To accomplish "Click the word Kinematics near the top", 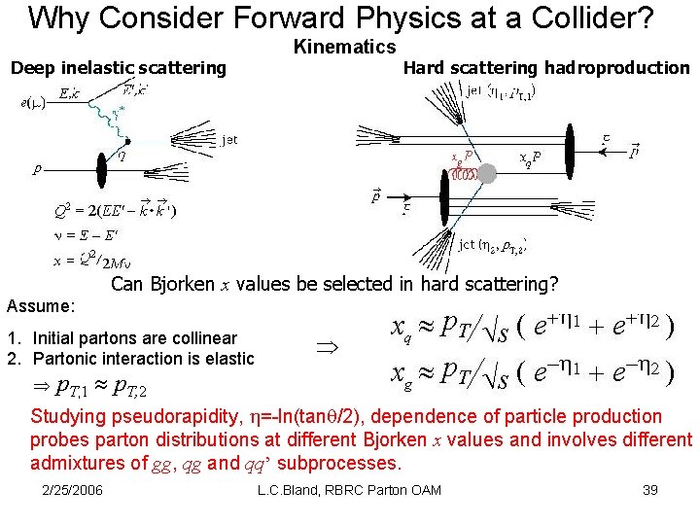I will tap(344, 47).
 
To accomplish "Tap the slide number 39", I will tap(650, 490).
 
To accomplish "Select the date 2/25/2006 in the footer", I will tap(74, 490).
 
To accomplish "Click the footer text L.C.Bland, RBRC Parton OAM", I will tap(350, 490).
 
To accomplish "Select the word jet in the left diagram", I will tap(228, 140).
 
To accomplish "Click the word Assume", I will tap(41, 306).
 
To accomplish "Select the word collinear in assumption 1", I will tap(201, 338).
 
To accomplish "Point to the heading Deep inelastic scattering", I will tap(118, 68).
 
